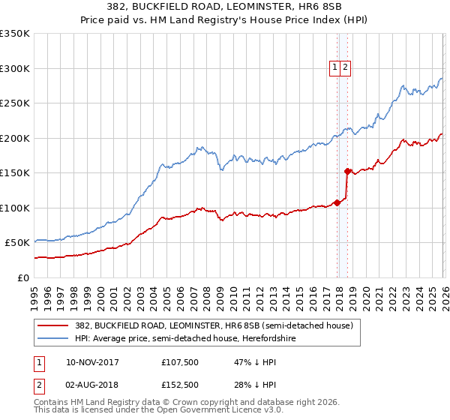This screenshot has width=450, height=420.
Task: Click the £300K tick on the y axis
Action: tap(16, 68)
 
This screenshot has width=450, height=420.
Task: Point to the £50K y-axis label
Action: tap(16, 243)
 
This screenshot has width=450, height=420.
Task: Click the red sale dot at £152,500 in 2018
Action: tap(346, 171)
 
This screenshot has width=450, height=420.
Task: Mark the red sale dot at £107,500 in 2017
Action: tap(337, 202)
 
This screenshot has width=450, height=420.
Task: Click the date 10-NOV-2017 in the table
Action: tap(92, 361)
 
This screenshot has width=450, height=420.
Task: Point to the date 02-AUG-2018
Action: tap(92, 385)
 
